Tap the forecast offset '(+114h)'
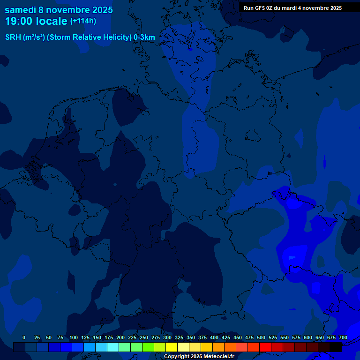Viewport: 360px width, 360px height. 83,21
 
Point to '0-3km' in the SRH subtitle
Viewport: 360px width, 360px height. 144,37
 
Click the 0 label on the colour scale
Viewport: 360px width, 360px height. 24,338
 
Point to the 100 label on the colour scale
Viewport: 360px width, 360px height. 74,338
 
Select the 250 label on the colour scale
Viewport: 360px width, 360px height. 144,338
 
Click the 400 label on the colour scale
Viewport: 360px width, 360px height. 214,338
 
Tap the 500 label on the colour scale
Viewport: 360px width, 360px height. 261,338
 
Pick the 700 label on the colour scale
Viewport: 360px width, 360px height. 343,338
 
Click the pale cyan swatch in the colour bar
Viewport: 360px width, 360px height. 113,347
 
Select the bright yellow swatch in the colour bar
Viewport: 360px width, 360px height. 172,347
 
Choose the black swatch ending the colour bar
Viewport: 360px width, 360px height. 336,347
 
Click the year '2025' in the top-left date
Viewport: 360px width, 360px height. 99,10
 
